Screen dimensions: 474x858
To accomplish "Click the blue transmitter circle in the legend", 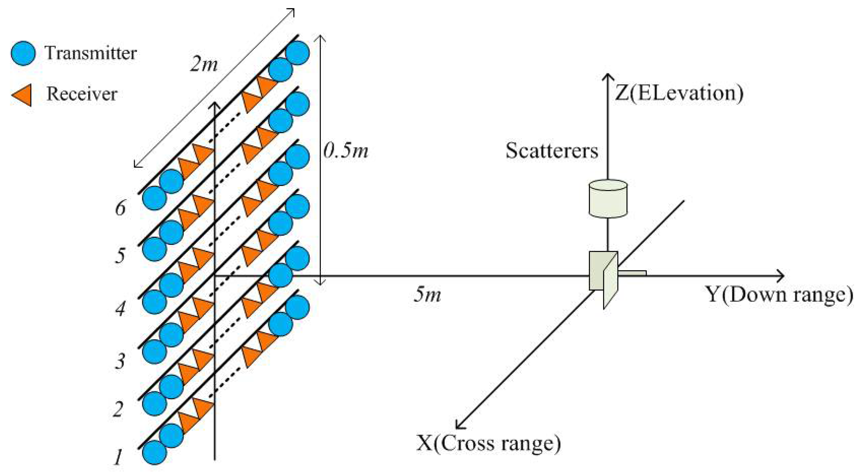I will click(x=23, y=53).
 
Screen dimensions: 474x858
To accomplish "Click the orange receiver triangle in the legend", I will click(x=23, y=95).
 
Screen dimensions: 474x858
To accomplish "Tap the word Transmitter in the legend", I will click(x=91, y=53).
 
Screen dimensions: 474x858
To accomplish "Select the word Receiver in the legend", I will click(x=82, y=94).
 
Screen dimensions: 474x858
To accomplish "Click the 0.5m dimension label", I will click(x=346, y=151).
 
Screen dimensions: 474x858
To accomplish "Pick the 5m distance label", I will click(x=427, y=295).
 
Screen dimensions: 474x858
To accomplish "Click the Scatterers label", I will click(x=552, y=151).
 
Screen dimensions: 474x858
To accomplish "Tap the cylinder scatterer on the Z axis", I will click(x=608, y=199).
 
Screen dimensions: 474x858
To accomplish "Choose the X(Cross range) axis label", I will click(x=489, y=443).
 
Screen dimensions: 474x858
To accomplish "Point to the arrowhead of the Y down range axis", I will click(x=781, y=276).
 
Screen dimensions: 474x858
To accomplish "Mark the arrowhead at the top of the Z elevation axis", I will click(x=608, y=77).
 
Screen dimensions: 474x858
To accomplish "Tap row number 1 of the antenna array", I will click(x=118, y=457).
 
